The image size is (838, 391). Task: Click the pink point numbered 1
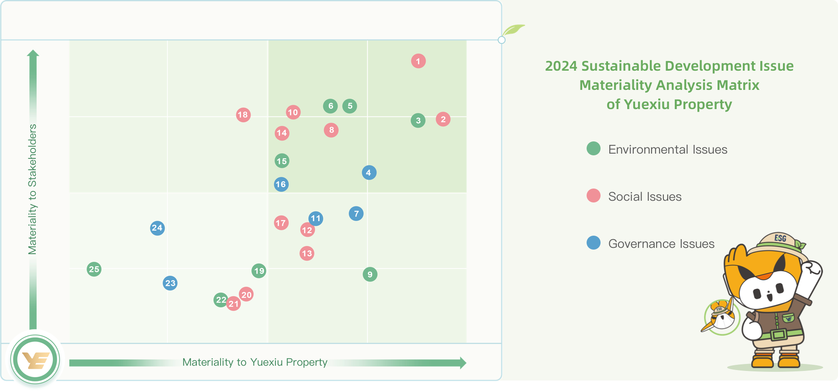[x=418, y=61]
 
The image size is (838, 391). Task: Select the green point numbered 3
[x=418, y=120]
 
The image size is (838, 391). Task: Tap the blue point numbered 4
[x=369, y=173]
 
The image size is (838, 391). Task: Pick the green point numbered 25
[x=94, y=269]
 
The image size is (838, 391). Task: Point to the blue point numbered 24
[x=157, y=228]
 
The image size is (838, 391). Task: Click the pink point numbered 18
[x=243, y=115]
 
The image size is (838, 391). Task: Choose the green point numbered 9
[x=370, y=274]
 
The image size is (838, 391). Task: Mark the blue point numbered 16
[x=281, y=184]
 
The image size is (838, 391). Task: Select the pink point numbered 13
[x=307, y=253]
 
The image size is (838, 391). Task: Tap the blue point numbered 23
[x=170, y=283]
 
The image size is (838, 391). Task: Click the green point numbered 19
[x=259, y=271]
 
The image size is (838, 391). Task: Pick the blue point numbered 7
[x=356, y=214]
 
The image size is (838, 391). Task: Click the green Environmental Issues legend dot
[x=594, y=148]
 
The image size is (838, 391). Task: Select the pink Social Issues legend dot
[x=594, y=195]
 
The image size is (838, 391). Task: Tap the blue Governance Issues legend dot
[x=594, y=243]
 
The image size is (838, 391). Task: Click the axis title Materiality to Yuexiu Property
[x=254, y=362]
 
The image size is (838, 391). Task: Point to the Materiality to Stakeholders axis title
[x=32, y=189]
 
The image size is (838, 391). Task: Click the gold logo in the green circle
[x=35, y=360]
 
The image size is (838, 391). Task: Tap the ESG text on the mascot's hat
[x=780, y=238]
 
